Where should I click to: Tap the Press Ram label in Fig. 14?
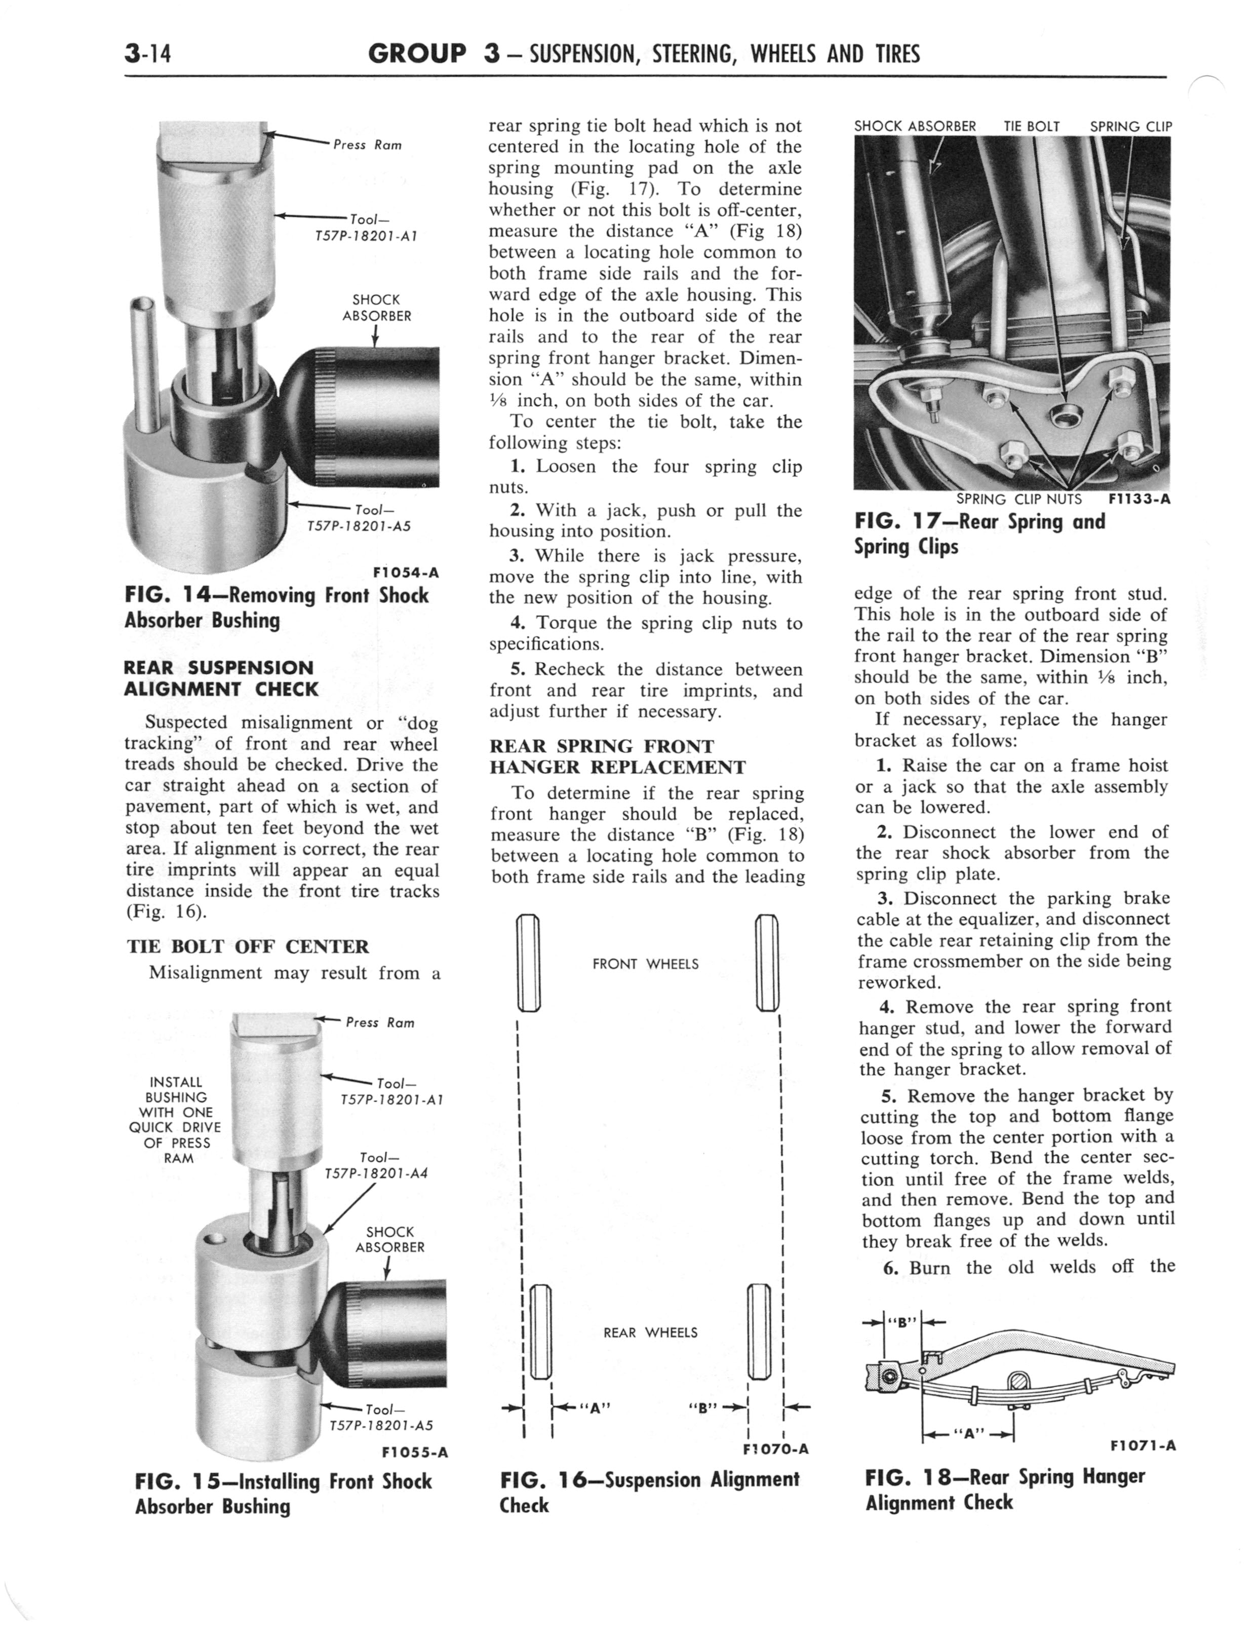pyautogui.click(x=367, y=145)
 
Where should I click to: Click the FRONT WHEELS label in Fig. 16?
pyautogui.click(x=645, y=965)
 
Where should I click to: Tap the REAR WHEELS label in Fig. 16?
pyautogui.click(x=650, y=1333)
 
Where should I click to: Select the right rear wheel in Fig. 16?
pyautogui.click(x=758, y=1331)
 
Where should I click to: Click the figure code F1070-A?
pyautogui.click(x=775, y=1449)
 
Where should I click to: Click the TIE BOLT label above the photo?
pyautogui.click(x=1031, y=126)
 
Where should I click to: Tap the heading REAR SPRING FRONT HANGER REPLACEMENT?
pyautogui.click(x=617, y=756)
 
